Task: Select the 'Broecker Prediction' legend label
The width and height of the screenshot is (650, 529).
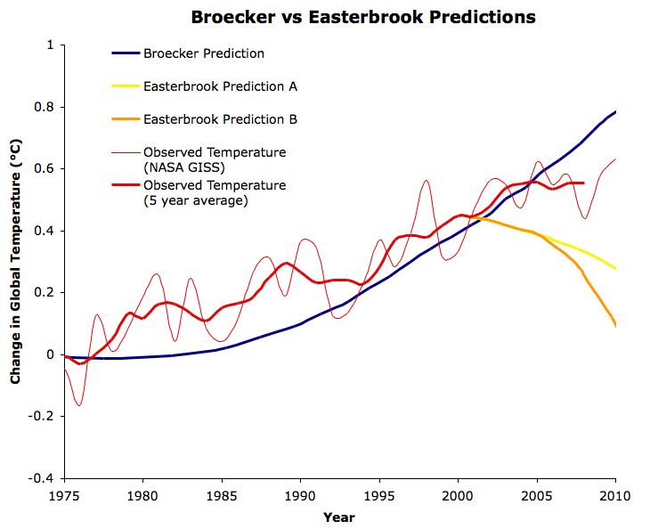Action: click(x=204, y=53)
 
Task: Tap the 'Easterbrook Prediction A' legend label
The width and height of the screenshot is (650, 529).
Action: click(x=220, y=86)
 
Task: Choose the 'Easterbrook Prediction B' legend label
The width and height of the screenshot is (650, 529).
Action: click(x=220, y=119)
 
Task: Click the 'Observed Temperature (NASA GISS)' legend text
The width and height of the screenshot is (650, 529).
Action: click(x=215, y=159)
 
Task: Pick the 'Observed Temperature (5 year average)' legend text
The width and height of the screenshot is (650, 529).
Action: click(x=215, y=192)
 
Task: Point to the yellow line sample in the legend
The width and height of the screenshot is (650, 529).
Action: click(x=125, y=86)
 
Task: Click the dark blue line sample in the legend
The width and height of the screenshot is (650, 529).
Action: click(x=125, y=53)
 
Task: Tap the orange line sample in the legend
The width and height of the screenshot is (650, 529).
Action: click(x=125, y=119)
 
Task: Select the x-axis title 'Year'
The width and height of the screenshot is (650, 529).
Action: click(x=338, y=517)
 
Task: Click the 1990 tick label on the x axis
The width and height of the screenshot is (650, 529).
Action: click(x=300, y=494)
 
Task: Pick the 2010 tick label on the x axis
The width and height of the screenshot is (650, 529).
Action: click(x=614, y=494)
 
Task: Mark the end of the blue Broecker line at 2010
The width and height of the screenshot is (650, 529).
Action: click(x=615, y=112)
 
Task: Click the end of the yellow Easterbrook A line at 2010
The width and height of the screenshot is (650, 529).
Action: click(x=615, y=268)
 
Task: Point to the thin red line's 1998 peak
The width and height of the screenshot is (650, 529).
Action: click(x=427, y=180)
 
